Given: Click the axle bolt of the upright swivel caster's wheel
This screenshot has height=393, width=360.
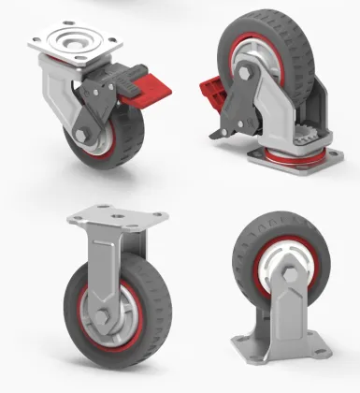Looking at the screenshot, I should click(x=81, y=141).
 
